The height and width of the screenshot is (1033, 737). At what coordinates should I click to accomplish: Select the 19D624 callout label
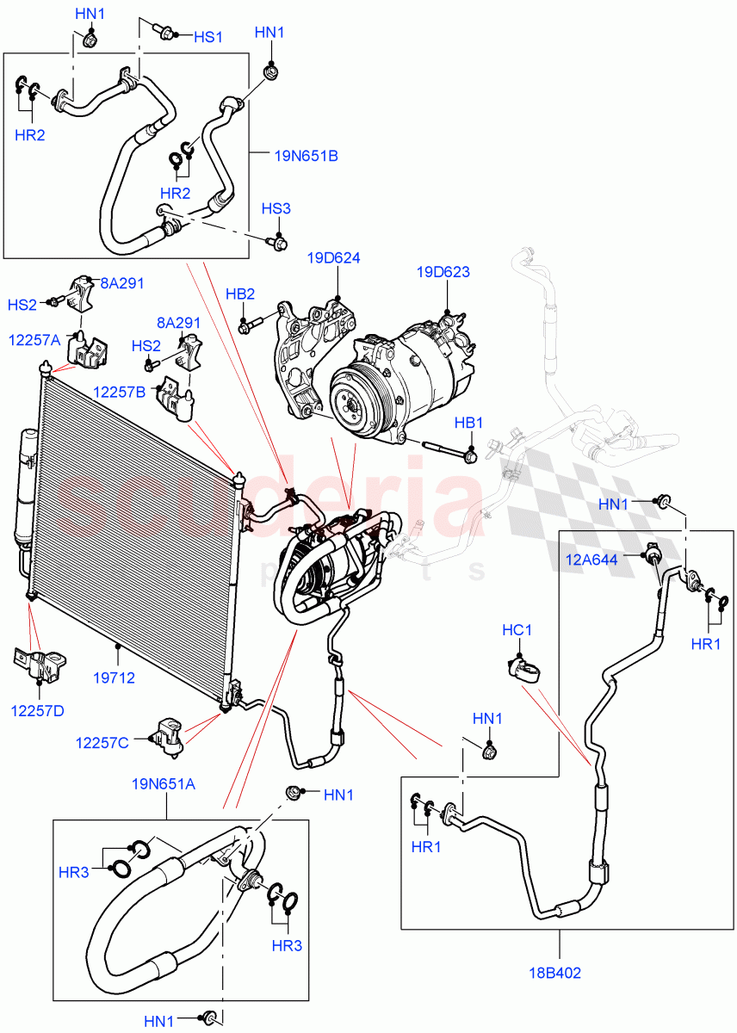334,258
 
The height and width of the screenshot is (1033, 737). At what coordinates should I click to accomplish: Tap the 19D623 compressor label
443,272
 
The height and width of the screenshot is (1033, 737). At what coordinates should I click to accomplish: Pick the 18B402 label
556,973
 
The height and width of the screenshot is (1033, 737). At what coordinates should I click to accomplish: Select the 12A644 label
592,560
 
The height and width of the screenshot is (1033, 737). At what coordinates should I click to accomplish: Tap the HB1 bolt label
469,423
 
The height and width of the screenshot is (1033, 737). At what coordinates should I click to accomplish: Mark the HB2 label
240,294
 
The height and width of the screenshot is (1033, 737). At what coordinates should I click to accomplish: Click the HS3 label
276,209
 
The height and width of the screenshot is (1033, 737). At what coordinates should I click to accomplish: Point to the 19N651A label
164,783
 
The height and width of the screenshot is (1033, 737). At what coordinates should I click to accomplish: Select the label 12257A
35,340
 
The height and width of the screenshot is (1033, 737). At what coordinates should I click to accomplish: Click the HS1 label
207,37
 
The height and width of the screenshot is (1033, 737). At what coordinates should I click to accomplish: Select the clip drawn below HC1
522,668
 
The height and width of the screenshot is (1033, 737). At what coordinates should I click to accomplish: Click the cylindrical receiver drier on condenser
22,491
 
